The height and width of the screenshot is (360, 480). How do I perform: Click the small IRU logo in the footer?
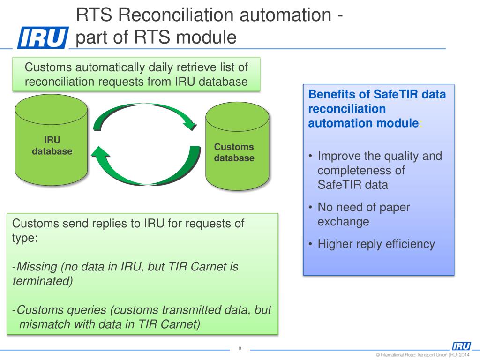pyautogui.click(x=461, y=346)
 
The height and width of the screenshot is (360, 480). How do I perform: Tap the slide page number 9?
pyautogui.click(x=240, y=348)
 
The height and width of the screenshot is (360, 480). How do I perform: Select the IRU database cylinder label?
pyautogui.click(x=52, y=146)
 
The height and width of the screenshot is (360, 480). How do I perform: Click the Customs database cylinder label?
pyautogui.click(x=234, y=153)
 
